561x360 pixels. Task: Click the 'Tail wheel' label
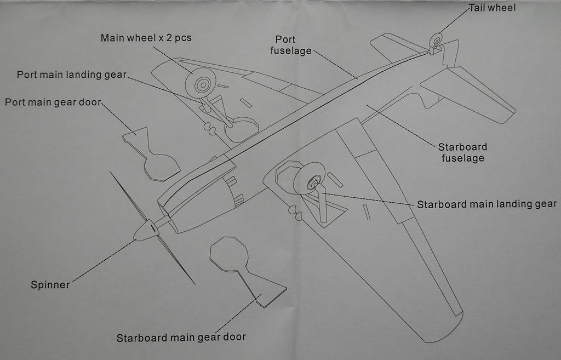(x=493, y=8)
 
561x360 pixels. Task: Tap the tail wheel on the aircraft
(x=436, y=40)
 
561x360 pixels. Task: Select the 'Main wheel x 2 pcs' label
(x=146, y=38)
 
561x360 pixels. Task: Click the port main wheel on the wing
(x=200, y=83)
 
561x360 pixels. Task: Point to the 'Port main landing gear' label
(x=72, y=75)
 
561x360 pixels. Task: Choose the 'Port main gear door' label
(x=54, y=102)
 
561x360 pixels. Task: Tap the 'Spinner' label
(x=50, y=285)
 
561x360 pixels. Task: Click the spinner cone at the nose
(x=146, y=231)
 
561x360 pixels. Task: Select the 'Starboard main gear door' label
(x=181, y=338)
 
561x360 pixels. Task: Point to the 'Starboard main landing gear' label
(x=486, y=204)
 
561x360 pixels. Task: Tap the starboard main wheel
(x=309, y=179)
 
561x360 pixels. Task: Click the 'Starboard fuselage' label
(x=462, y=153)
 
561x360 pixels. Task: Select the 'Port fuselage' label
(x=285, y=45)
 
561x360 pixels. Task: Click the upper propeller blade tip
(x=111, y=173)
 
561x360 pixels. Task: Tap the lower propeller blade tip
(x=193, y=283)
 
